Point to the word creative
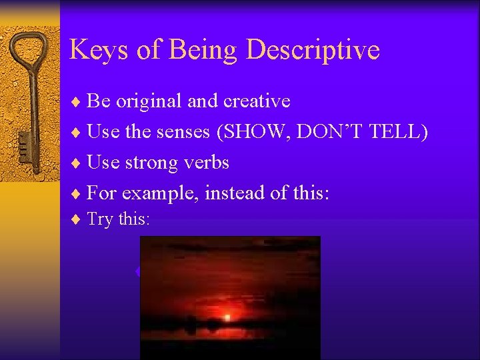[x=257, y=101]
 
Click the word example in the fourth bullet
[x=159, y=193]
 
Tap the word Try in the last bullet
[x=100, y=219]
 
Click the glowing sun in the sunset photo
[x=227, y=317]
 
